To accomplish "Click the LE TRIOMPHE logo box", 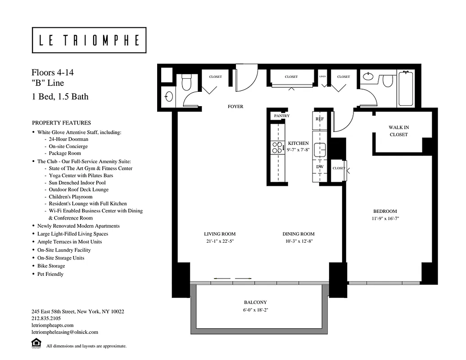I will [x=89, y=40].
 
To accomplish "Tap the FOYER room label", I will [x=235, y=107].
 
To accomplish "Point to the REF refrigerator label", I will [x=320, y=119].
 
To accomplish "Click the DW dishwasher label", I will [x=320, y=166].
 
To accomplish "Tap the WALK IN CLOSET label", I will [x=398, y=131].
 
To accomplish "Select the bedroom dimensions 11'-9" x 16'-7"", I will [x=385, y=219].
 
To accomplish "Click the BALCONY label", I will [x=255, y=302].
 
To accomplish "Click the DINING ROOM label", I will [x=299, y=234].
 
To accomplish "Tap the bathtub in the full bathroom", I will [x=406, y=89].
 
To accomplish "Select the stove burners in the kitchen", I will [x=276, y=147].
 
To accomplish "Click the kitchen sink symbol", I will [x=320, y=148].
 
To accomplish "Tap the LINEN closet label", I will [x=322, y=77].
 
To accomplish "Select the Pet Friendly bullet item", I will [x=50, y=274].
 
